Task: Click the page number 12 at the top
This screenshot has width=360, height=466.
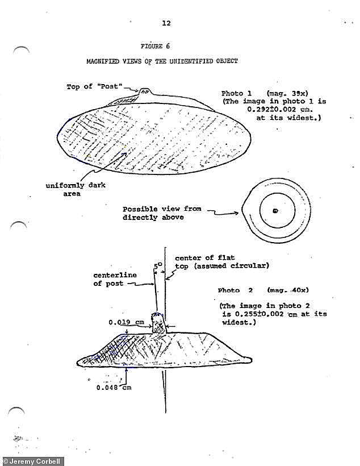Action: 166,23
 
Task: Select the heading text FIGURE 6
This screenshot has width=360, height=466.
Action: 155,46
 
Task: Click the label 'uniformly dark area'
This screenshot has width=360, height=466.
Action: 76,189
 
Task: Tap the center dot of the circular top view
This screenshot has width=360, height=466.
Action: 275,211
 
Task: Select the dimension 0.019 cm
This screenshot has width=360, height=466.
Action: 124,322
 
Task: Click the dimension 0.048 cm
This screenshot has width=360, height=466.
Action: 114,388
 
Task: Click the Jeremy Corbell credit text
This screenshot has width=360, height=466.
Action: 32,461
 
